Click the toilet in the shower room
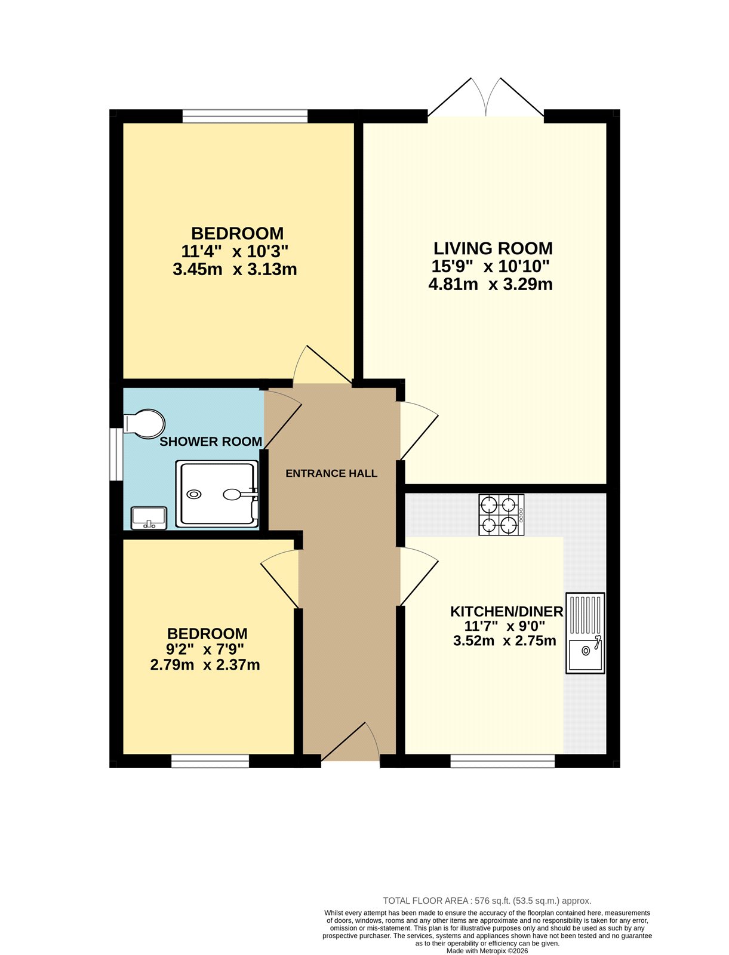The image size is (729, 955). (144, 423)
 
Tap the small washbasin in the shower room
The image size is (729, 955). (149, 517)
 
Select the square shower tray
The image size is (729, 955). (217, 494)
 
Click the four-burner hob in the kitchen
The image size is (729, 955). (501, 515)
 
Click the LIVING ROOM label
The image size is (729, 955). (493, 248)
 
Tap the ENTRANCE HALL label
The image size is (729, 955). (331, 473)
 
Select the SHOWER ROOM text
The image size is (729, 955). (211, 442)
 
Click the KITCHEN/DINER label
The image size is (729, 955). (506, 611)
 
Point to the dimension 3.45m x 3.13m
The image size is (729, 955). (235, 269)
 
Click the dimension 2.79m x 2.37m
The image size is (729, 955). (205, 664)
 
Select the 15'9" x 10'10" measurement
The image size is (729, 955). (490, 266)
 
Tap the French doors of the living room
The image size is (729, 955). (486, 98)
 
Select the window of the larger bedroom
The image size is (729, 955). (245, 116)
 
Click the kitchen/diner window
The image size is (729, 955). (502, 760)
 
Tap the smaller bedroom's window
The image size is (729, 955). (210, 760)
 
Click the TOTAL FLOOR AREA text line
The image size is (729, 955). (487, 901)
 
